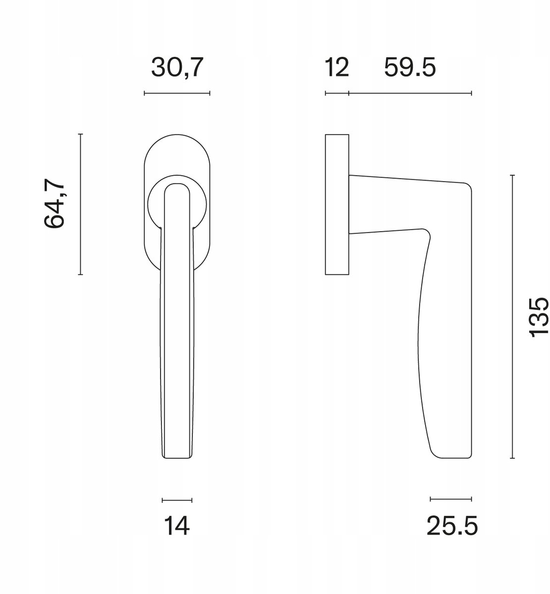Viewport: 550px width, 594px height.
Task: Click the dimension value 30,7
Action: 177,68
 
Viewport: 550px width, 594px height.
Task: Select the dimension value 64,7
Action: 54,203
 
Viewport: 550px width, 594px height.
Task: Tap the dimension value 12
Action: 337,68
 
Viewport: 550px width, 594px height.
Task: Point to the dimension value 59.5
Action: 410,68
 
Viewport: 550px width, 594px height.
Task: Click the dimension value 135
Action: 539,317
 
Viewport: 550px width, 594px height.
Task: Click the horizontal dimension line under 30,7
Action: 177,94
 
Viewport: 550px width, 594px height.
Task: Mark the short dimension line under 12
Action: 337,94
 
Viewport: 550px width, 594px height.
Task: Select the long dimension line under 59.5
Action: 410,94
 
